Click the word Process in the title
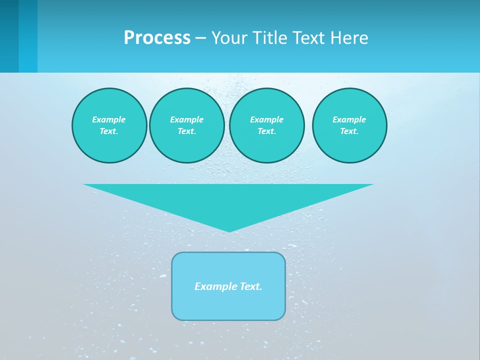[x=157, y=38]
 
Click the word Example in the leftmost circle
[x=108, y=119]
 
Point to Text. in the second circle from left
[x=186, y=131]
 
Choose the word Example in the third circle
[x=266, y=119]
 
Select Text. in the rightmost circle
[x=349, y=131]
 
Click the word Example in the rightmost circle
[x=349, y=119]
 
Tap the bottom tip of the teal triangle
[x=229, y=230]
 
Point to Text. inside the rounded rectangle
[x=251, y=286]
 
